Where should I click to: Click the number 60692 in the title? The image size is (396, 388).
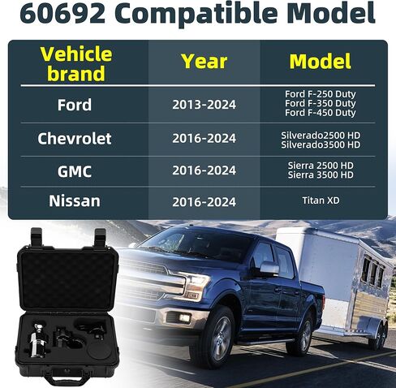(62, 13)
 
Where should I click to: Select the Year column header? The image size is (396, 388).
(204, 62)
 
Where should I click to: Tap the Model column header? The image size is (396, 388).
(321, 62)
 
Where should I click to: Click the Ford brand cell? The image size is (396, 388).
(75, 105)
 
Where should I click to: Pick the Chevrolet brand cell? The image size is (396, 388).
(75, 139)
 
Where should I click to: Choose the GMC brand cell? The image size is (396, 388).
(75, 171)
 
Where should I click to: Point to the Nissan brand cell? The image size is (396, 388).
(75, 200)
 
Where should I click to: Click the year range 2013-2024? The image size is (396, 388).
(204, 105)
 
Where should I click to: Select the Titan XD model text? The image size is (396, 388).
(321, 200)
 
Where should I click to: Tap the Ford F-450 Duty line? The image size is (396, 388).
(321, 113)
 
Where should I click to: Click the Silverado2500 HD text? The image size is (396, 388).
(321, 136)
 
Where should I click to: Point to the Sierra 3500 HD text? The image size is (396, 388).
(321, 175)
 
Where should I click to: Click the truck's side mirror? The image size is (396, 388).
(269, 269)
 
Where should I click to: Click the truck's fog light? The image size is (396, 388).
(184, 318)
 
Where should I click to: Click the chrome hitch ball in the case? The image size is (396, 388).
(38, 328)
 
